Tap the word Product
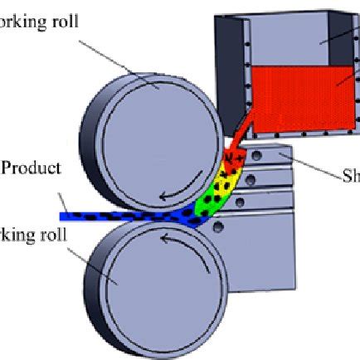point(32,168)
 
